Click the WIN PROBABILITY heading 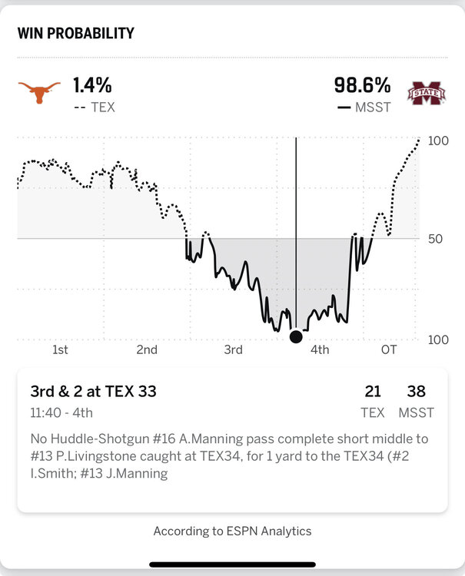click(x=75, y=33)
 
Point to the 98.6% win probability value click(x=362, y=84)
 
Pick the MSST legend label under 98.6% click(x=373, y=108)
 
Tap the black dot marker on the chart click(x=296, y=336)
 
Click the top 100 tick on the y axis click(x=438, y=141)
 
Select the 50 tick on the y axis click(x=436, y=239)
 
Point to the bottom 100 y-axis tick click(x=438, y=340)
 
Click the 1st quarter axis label click(x=60, y=350)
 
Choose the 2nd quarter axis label click(x=147, y=350)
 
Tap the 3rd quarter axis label click(x=233, y=350)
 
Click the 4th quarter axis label click(x=320, y=350)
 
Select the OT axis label click(x=390, y=350)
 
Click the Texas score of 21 click(x=373, y=392)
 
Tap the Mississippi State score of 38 click(x=416, y=392)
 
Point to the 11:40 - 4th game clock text click(x=61, y=412)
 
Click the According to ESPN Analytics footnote click(x=232, y=531)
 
